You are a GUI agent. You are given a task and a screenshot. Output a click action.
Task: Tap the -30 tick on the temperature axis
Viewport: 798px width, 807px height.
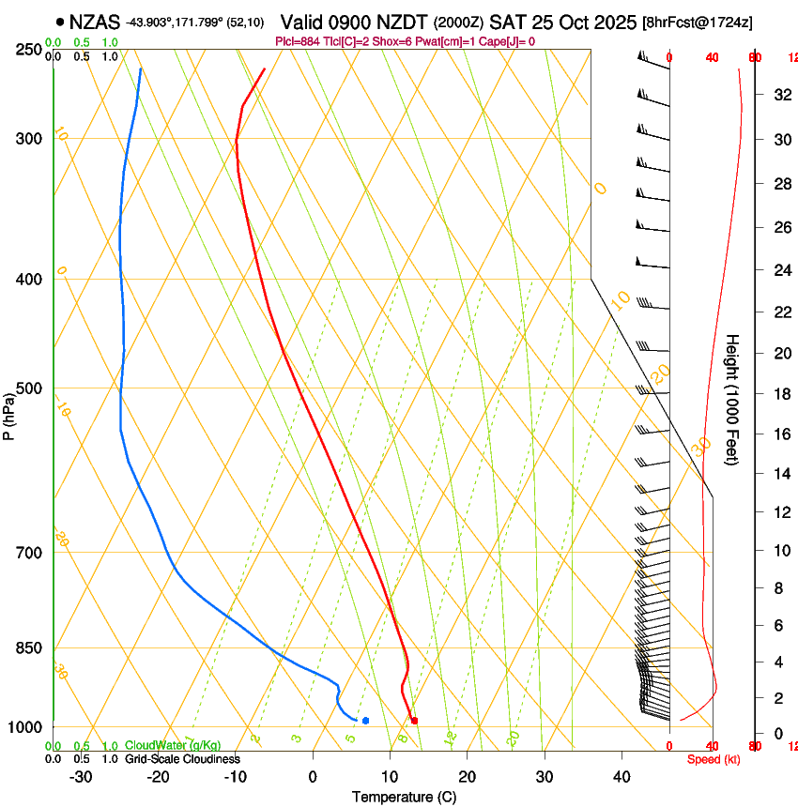pos(81,777)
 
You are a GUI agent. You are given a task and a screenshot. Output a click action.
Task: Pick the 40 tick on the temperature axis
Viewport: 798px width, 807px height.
pos(622,777)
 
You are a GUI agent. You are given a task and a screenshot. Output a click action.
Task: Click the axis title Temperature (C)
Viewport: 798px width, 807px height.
pos(404,798)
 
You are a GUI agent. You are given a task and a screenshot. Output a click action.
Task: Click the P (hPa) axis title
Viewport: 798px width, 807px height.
pos(9,413)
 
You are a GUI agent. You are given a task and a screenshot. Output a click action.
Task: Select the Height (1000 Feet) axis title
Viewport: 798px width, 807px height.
pos(733,399)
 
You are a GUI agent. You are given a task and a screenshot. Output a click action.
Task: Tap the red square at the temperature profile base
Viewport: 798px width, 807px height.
pos(414,721)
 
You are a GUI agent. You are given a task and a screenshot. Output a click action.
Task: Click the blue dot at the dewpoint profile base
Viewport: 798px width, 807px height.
pos(365,721)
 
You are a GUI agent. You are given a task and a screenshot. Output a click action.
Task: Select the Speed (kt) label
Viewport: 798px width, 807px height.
pos(714,759)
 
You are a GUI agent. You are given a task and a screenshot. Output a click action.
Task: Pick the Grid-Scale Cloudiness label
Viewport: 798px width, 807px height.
pos(182,759)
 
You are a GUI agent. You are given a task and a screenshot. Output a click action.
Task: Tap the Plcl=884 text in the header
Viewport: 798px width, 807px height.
pos(299,41)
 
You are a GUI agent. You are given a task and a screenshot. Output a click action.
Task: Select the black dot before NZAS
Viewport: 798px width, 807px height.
pos(61,22)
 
